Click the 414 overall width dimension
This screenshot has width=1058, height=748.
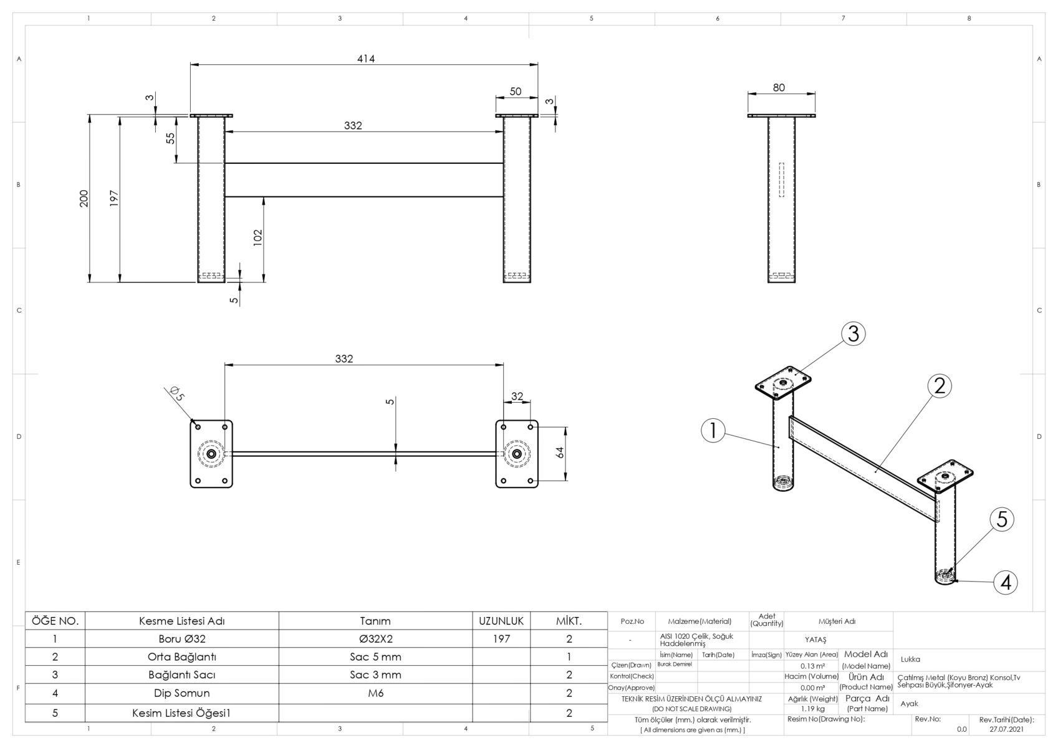click(365, 59)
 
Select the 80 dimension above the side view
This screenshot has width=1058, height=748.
click(779, 87)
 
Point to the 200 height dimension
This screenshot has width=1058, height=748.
click(84, 198)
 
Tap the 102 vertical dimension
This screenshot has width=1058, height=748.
click(257, 237)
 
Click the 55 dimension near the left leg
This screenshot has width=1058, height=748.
click(170, 138)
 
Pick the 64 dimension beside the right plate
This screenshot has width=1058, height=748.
click(560, 452)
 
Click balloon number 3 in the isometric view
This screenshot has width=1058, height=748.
click(853, 334)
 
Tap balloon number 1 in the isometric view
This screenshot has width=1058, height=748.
click(713, 430)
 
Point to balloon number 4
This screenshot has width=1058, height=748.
click(1006, 582)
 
